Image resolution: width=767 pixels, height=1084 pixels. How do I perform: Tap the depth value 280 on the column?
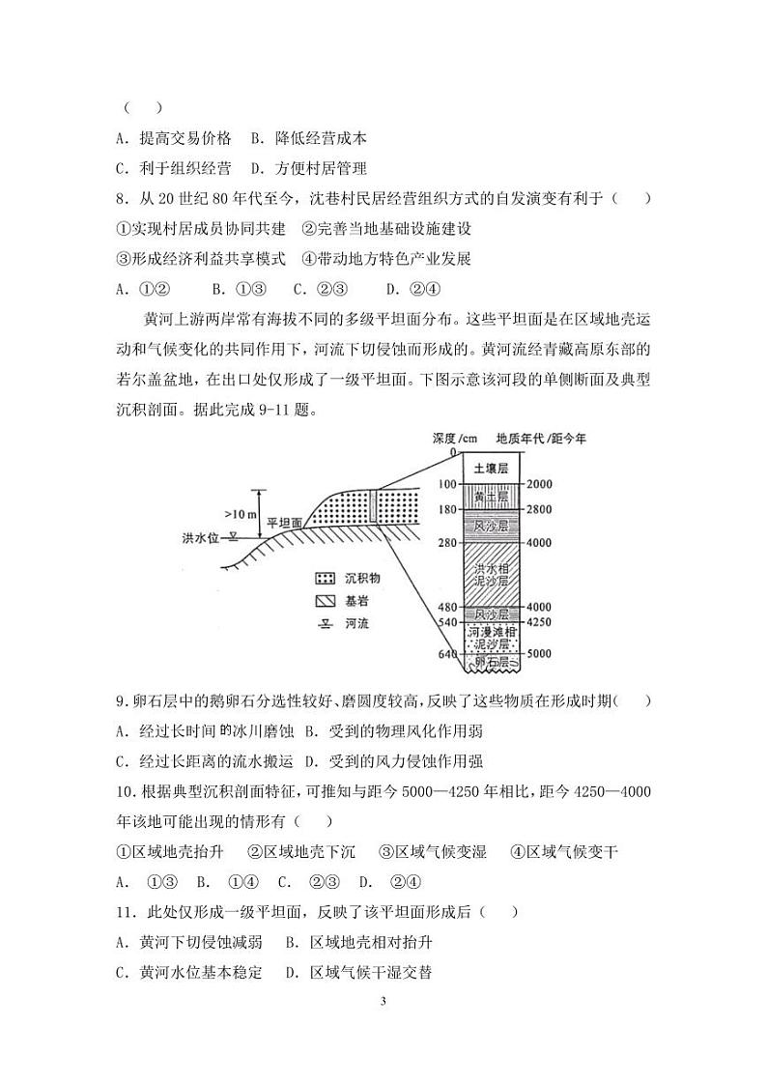tap(445, 543)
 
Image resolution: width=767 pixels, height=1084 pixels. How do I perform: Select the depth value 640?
tap(445, 653)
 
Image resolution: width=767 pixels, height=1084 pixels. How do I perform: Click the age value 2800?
tap(542, 509)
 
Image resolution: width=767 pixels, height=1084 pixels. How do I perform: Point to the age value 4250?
tap(542, 621)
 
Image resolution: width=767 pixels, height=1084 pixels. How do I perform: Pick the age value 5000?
tap(542, 653)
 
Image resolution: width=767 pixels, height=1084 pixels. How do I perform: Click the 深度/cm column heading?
tap(457, 438)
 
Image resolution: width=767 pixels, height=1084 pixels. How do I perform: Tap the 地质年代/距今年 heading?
tap(541, 438)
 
